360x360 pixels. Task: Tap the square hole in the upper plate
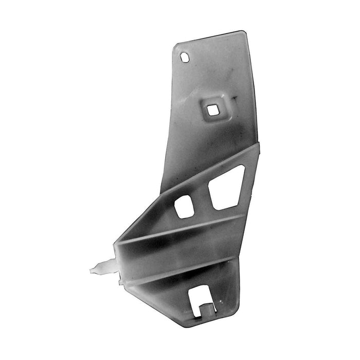(211, 109)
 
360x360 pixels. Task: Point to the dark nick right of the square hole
(235, 98)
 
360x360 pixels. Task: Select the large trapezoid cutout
(226, 188)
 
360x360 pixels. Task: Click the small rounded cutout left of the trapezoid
(184, 206)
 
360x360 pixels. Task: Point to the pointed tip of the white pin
(91, 269)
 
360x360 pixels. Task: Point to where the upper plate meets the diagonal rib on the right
(257, 145)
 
